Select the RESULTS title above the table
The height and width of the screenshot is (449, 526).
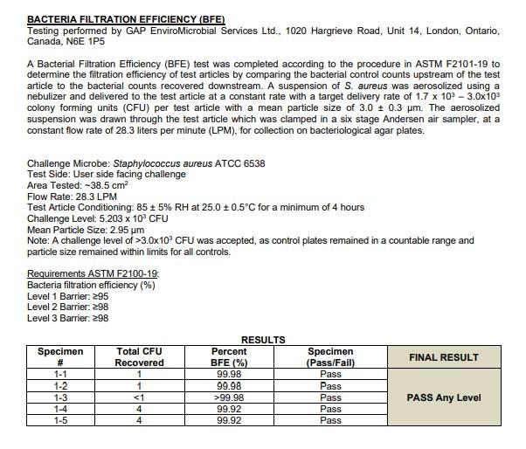tap(262, 340)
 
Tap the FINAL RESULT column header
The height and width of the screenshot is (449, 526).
tap(444, 356)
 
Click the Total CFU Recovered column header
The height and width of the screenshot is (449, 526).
tap(140, 356)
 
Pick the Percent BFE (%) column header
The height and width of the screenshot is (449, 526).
tap(229, 356)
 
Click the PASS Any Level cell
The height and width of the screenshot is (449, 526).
tap(444, 397)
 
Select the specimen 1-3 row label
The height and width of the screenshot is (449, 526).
tap(60, 397)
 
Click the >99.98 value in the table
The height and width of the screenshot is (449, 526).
tap(229, 397)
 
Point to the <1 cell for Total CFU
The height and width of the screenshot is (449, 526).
tap(140, 397)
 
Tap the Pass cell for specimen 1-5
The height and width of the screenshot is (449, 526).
tap(330, 420)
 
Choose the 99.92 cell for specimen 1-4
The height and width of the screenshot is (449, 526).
tap(229, 409)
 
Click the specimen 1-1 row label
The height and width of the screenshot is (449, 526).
tap(60, 374)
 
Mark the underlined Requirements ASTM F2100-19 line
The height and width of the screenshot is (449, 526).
tap(93, 273)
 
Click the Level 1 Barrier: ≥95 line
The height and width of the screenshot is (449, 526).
tap(67, 295)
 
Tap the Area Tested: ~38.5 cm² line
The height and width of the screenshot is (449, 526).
tap(78, 185)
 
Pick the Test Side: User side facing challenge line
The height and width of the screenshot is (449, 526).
tap(106, 174)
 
